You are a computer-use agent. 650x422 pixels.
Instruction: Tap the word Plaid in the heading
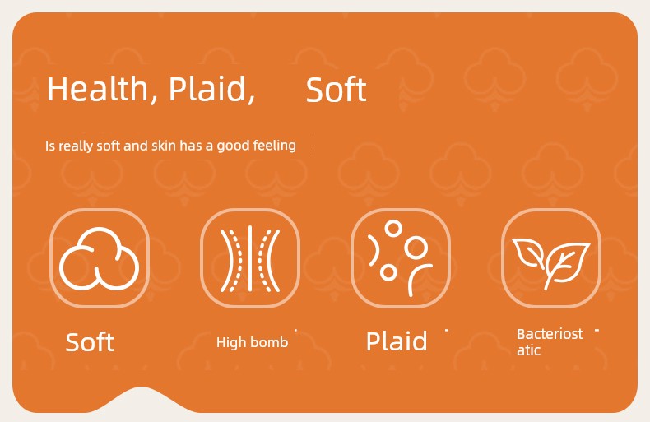[211, 89]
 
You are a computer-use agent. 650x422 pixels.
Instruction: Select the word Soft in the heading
[337, 90]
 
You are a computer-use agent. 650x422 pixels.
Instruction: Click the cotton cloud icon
[100, 257]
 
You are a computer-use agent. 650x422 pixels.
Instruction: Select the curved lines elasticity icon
[250, 258]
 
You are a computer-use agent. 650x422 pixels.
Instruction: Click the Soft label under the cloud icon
[90, 342]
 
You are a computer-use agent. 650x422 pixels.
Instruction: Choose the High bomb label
[252, 342]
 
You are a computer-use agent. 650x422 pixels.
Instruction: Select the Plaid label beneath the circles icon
[397, 341]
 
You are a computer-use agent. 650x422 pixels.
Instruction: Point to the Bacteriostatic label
[550, 342]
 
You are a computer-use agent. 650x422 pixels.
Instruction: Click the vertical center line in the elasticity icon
[250, 258]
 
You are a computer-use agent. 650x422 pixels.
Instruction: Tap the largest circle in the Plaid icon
[416, 248]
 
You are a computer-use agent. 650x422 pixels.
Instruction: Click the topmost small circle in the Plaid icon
[393, 228]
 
